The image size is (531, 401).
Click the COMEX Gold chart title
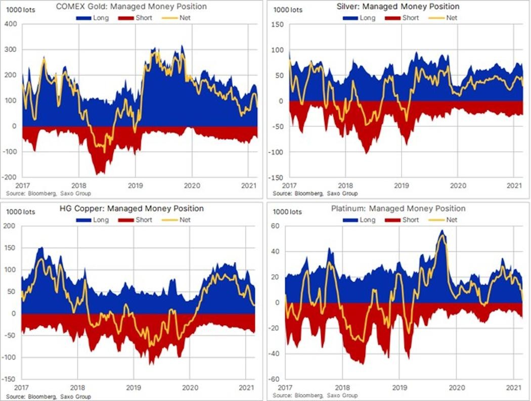pos(131,7)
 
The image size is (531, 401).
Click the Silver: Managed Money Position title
pos(398,7)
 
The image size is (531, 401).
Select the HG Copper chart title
pos(131,208)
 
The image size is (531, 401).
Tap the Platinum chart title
pos(399,208)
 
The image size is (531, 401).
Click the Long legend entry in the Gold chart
pos(93,18)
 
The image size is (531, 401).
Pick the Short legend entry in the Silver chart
pos(402,18)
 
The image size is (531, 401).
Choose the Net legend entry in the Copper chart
pos(176,220)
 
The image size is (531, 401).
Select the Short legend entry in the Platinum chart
pos(402,220)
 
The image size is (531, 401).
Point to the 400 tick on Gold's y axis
pos(11,24)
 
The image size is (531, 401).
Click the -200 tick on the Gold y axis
pos(10,177)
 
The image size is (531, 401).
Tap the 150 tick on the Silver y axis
pos(278,24)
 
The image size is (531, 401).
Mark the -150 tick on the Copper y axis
pos(9,379)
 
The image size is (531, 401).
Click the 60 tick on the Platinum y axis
pos(275,226)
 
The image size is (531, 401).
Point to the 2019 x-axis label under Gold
pos(135,186)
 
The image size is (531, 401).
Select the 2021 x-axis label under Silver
pos(514,186)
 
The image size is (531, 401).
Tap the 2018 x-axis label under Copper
pos(77,387)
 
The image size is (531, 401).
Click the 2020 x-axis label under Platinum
pos(457,387)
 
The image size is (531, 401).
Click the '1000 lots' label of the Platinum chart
pos(287,212)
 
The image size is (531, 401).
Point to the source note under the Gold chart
pos(49,194)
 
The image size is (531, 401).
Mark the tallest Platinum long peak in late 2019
pos(442,231)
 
